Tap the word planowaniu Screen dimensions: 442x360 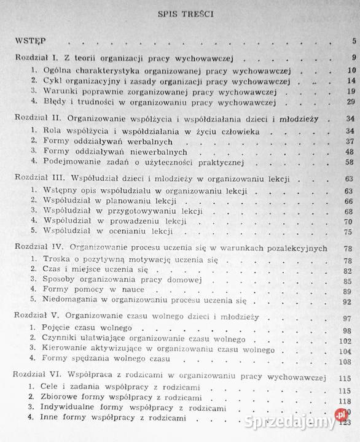pyautogui.click(x=122, y=201)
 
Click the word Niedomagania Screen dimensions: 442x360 pyautogui.click(x=71, y=301)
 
